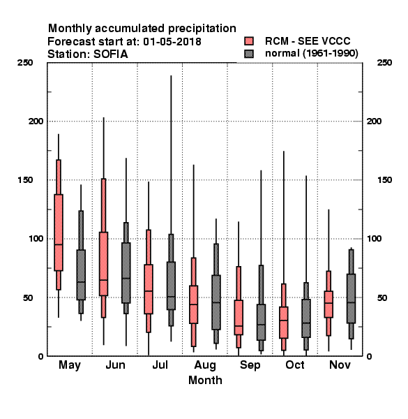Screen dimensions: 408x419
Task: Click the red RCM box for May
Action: (x=59, y=233)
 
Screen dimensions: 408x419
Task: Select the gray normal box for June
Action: (x=126, y=273)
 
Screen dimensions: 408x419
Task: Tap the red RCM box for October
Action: (x=284, y=323)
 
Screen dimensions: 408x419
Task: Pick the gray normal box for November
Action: (x=352, y=298)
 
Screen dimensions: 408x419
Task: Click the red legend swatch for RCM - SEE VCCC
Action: (x=249, y=41)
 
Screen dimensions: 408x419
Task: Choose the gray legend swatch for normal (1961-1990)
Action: (x=249, y=54)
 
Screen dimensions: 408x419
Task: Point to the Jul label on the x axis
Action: (x=160, y=365)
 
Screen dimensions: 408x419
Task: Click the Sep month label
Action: (x=250, y=365)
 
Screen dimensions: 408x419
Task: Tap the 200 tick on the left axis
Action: (x=36, y=122)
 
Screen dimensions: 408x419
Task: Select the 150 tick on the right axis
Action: (x=384, y=180)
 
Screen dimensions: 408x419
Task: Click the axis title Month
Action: (x=205, y=381)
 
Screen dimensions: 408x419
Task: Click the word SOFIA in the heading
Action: (x=111, y=54)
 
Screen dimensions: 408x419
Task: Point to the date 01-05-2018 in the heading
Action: (x=172, y=42)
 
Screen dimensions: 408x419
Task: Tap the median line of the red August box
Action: (x=193, y=304)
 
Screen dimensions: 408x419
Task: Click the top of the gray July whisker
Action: (x=171, y=76)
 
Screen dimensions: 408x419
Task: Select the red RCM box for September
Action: (x=239, y=318)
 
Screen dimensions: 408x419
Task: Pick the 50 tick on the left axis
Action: (x=28, y=297)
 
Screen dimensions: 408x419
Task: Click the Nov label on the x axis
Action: (x=340, y=365)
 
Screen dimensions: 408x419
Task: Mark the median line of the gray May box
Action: (x=81, y=281)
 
